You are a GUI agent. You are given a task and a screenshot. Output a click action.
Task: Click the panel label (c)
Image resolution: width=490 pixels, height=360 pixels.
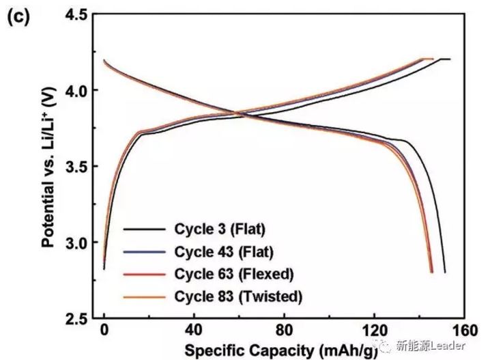[x=18, y=17]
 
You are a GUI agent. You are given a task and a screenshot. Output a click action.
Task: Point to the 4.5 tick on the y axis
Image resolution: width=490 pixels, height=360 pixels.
[x=76, y=14]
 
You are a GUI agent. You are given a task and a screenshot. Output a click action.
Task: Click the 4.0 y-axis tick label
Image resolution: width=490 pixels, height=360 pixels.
[x=76, y=91]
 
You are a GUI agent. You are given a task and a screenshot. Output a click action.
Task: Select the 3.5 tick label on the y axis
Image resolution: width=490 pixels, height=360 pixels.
[x=76, y=167]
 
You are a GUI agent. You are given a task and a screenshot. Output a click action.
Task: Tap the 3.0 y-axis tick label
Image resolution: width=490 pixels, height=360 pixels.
[x=76, y=243]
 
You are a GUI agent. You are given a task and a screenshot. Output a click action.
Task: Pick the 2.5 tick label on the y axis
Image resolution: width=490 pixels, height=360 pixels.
[x=76, y=319]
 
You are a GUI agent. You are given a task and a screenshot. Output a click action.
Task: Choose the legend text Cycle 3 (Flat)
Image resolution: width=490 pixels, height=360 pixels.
[x=216, y=230]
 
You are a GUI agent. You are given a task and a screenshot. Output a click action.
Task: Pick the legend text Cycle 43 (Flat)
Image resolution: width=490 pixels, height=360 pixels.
[x=219, y=252]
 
